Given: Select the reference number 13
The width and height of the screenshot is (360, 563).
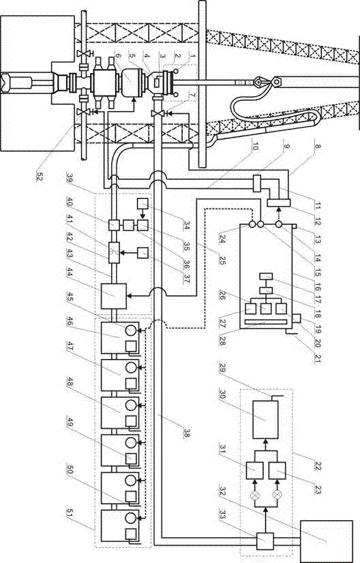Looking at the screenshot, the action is point(318,225).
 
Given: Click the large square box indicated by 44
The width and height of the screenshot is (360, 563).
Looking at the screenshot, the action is point(114,296).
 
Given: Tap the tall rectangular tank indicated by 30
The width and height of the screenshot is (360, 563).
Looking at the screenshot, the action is point(265,420).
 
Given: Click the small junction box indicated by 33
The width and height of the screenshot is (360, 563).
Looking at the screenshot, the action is point(265,541).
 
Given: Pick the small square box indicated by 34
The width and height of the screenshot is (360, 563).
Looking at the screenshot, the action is point(142,204).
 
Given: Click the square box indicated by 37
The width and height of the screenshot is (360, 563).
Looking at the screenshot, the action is point(142,252).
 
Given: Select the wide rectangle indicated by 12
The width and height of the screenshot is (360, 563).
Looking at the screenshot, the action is point(278,203).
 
